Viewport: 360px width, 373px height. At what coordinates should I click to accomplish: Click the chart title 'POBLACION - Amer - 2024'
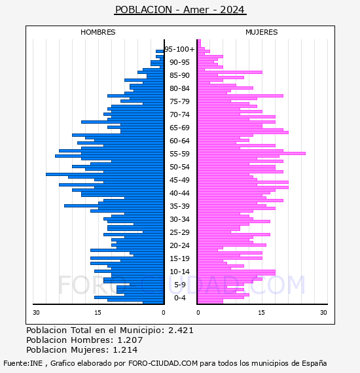click(x=180, y=10)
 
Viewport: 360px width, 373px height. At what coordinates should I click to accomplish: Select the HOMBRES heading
click(x=98, y=32)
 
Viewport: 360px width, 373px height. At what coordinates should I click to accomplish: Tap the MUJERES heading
click(x=262, y=32)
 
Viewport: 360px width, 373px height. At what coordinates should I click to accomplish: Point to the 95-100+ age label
click(x=179, y=49)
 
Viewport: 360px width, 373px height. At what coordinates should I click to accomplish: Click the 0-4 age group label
click(x=179, y=298)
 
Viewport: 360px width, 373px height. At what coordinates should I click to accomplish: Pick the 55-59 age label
click(x=179, y=154)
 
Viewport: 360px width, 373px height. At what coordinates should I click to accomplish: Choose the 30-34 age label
click(x=179, y=219)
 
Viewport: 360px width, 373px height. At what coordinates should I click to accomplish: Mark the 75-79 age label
click(x=179, y=101)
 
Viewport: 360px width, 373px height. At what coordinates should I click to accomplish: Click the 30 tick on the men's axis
click(x=36, y=313)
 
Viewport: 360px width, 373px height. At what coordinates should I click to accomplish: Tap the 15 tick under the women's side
click(x=261, y=313)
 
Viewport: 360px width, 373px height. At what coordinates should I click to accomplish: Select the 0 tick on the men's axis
click(x=164, y=313)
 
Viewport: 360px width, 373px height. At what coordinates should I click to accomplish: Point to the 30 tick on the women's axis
click(x=323, y=313)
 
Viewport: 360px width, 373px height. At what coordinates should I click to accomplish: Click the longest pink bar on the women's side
click(x=251, y=153)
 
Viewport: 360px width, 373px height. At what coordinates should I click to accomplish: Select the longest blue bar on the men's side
click(x=105, y=174)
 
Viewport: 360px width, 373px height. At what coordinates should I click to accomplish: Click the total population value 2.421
click(x=181, y=330)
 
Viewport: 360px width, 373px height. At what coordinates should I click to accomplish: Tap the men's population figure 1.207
click(x=130, y=340)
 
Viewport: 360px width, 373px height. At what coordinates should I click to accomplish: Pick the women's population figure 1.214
click(x=125, y=350)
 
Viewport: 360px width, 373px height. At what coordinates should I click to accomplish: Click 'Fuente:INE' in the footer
click(x=23, y=363)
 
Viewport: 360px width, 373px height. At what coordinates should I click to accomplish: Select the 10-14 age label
click(x=179, y=272)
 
